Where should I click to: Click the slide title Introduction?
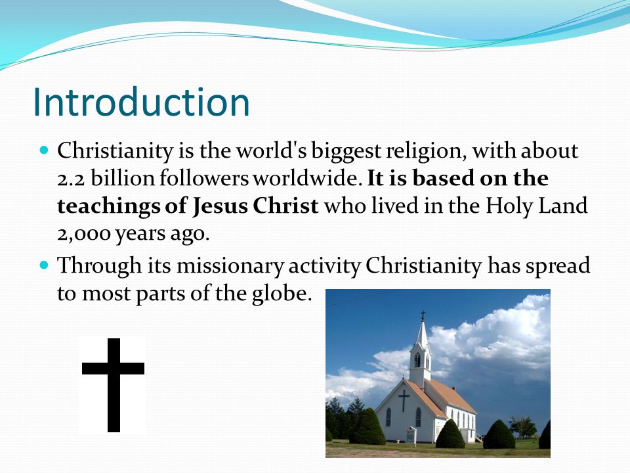(141, 102)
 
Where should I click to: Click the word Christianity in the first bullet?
(115, 152)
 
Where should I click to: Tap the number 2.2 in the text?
(70, 179)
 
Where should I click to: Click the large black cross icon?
(114, 384)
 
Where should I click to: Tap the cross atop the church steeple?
(423, 315)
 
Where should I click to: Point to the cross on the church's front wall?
(403, 399)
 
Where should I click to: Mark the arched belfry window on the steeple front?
(417, 359)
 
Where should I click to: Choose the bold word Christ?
(287, 206)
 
